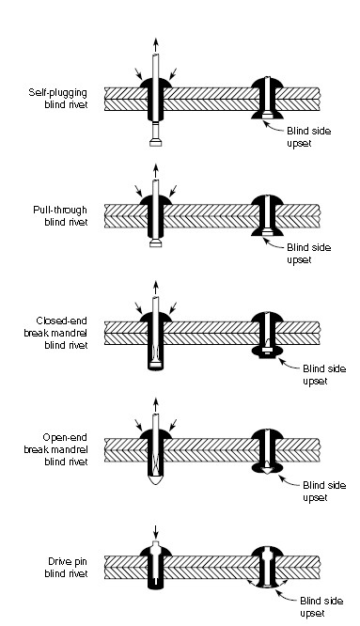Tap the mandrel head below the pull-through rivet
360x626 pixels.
[153, 246]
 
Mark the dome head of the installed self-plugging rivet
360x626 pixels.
[267, 84]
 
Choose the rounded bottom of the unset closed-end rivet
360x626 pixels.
[153, 371]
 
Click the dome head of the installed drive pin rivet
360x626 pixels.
[267, 546]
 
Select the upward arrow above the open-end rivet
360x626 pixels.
[153, 405]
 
